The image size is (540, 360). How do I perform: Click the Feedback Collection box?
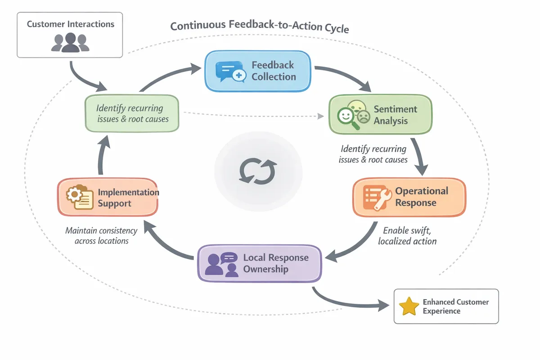click(257, 71)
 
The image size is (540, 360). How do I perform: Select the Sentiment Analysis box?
click(380, 115)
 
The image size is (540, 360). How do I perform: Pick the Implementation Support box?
click(108, 198)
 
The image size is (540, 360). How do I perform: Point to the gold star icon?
click(409, 306)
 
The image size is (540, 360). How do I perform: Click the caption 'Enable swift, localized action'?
click(407, 236)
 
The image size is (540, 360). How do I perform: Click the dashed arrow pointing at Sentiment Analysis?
click(252, 114)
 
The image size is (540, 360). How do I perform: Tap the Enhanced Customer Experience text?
click(455, 306)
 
